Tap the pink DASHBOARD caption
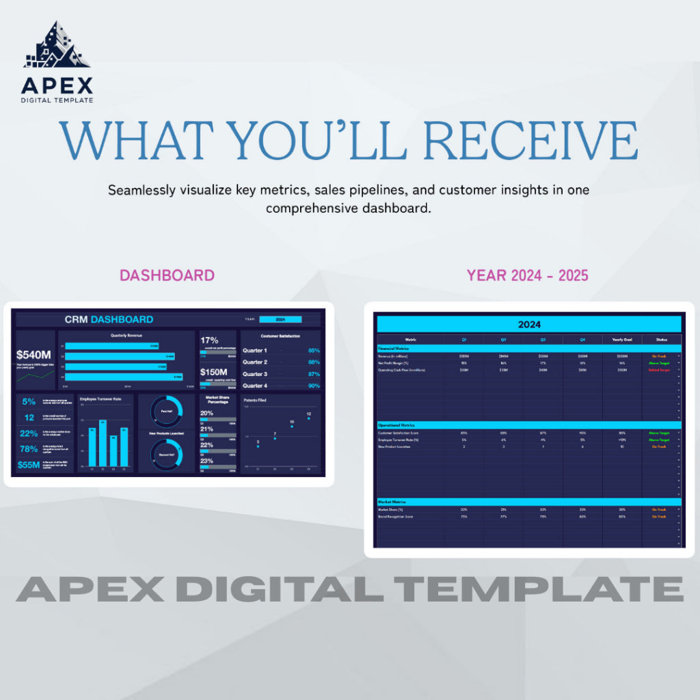coord(167,275)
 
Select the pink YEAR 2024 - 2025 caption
coord(527,275)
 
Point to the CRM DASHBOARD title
coord(109,319)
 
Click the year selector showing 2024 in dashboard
coord(280,319)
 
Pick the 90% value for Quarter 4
coord(314,386)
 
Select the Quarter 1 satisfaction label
coord(255,350)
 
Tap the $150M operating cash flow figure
coord(217,372)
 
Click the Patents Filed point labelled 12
coord(308,418)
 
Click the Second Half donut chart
coord(166,453)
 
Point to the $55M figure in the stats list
coord(29,465)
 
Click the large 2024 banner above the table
coord(529,324)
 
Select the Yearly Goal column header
coord(621,339)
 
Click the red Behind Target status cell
coord(659,370)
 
